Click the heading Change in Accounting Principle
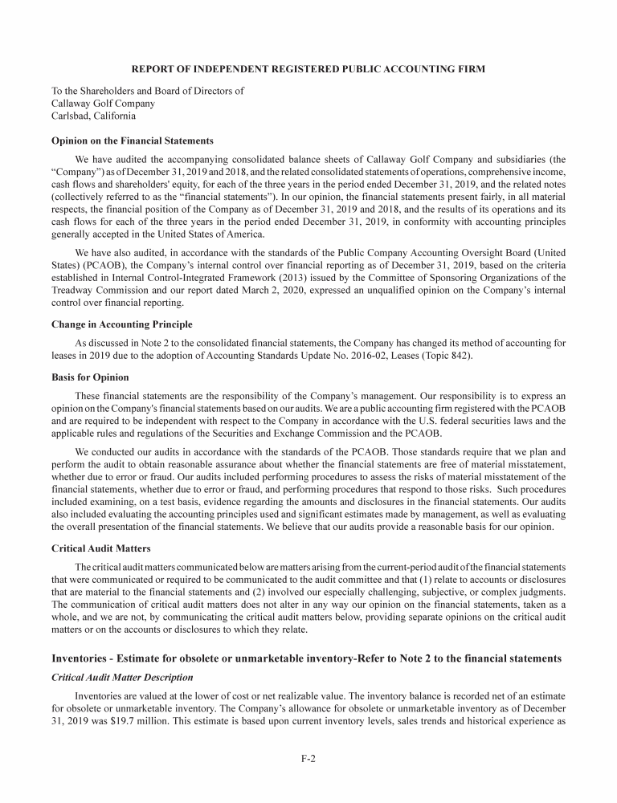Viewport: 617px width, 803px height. coord(121,324)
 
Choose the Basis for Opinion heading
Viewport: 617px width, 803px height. coord(89,377)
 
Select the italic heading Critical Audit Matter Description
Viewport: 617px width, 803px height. coord(122,678)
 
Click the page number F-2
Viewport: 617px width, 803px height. coord(308,756)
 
